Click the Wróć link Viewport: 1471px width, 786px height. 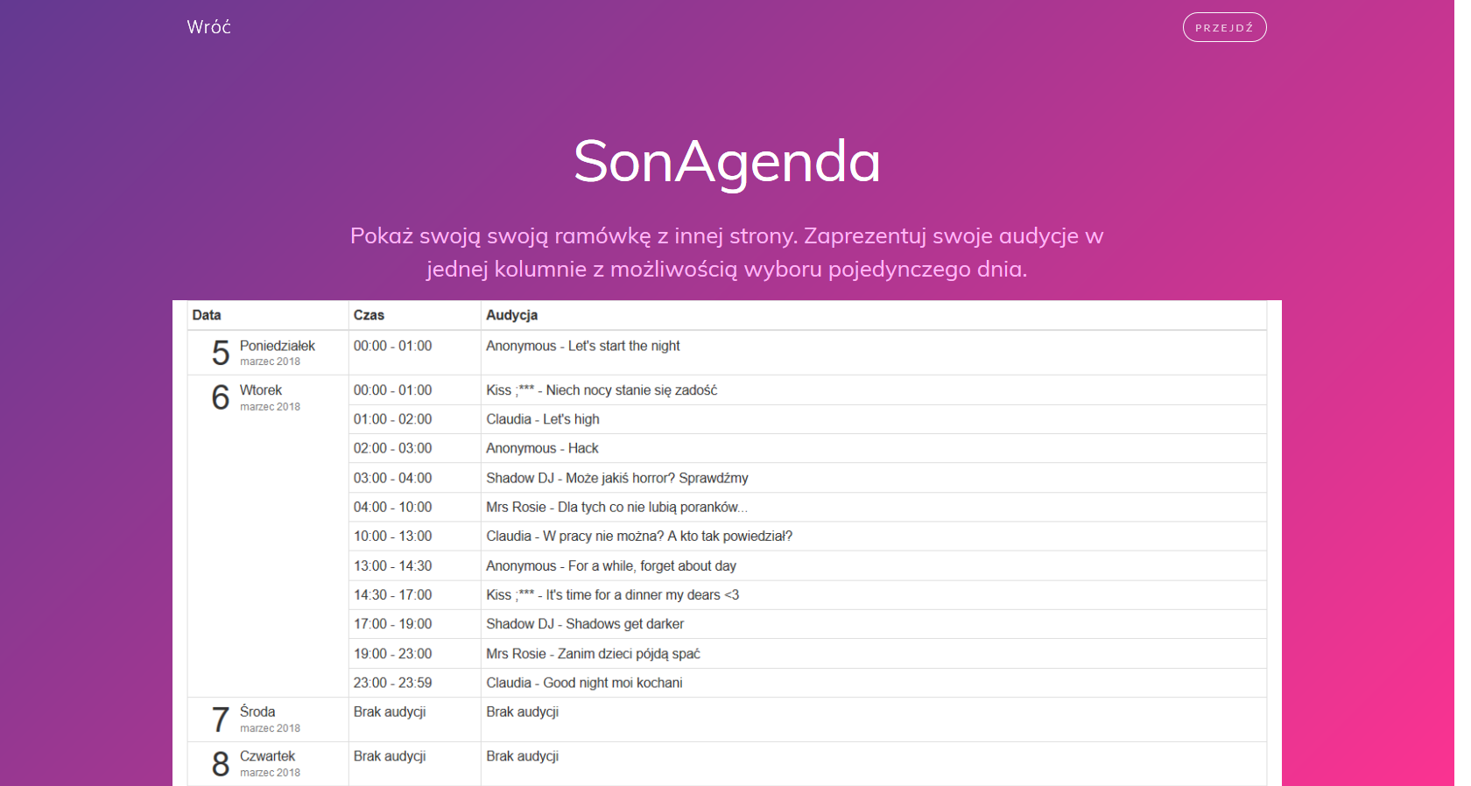coord(208,27)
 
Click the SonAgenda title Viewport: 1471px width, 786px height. coord(727,162)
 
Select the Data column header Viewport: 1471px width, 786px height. coord(207,315)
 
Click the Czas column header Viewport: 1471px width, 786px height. coord(370,315)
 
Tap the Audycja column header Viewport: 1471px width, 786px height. coord(511,315)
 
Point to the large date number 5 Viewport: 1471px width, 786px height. coord(221,353)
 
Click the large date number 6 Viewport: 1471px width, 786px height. coord(221,397)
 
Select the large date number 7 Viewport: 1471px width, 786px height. coord(221,719)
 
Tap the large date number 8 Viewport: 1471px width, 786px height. coord(221,763)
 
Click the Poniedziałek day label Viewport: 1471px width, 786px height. coord(277,346)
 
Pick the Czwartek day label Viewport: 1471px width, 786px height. coord(267,755)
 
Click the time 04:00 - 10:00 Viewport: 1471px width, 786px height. coord(392,507)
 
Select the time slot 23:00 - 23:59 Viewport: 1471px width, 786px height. coord(392,683)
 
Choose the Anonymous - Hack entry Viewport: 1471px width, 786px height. coord(542,448)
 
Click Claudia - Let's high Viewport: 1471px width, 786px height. coord(543,419)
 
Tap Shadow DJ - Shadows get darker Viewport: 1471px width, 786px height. coord(585,624)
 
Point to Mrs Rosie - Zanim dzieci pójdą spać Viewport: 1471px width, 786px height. coord(593,653)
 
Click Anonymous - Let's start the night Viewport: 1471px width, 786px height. coord(582,346)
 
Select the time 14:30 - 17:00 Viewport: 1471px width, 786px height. coord(392,595)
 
